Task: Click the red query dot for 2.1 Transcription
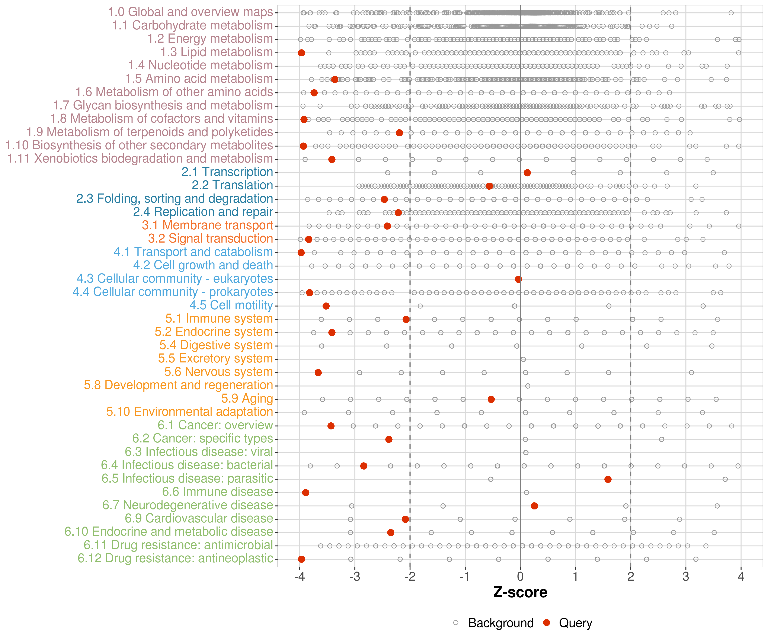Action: tap(527, 173)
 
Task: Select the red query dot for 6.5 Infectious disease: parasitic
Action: tap(608, 479)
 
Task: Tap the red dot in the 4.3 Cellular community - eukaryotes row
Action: tap(518, 279)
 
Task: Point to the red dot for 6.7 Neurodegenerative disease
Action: tap(534, 506)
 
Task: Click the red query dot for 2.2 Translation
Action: tap(489, 186)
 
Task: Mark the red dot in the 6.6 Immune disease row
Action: tap(306, 493)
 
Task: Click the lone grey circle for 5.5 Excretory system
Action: tap(523, 359)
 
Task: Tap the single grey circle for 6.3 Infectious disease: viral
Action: tap(525, 452)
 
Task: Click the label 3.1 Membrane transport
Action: tap(207, 225)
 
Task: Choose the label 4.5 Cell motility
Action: tap(231, 305)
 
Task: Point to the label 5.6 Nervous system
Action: tap(218, 372)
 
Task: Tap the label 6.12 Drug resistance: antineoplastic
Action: tap(175, 559)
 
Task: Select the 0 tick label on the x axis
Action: tap(520, 577)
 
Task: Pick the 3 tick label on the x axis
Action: tap(686, 577)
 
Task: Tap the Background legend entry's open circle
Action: tap(456, 623)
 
